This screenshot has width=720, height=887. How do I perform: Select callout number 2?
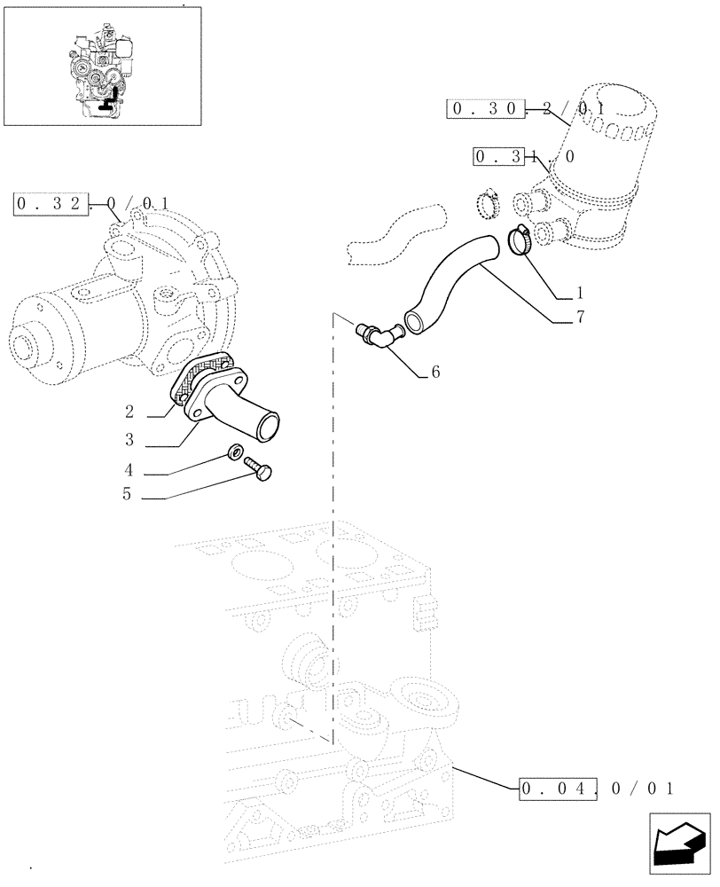coord(129,412)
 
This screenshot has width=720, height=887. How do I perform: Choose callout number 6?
coord(435,373)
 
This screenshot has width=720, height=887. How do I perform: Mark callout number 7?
coord(580,318)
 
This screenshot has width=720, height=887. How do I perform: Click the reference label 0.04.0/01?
coord(598,787)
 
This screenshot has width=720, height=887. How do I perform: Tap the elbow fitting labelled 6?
coord(379,334)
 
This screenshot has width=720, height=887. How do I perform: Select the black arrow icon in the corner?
coord(677,846)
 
